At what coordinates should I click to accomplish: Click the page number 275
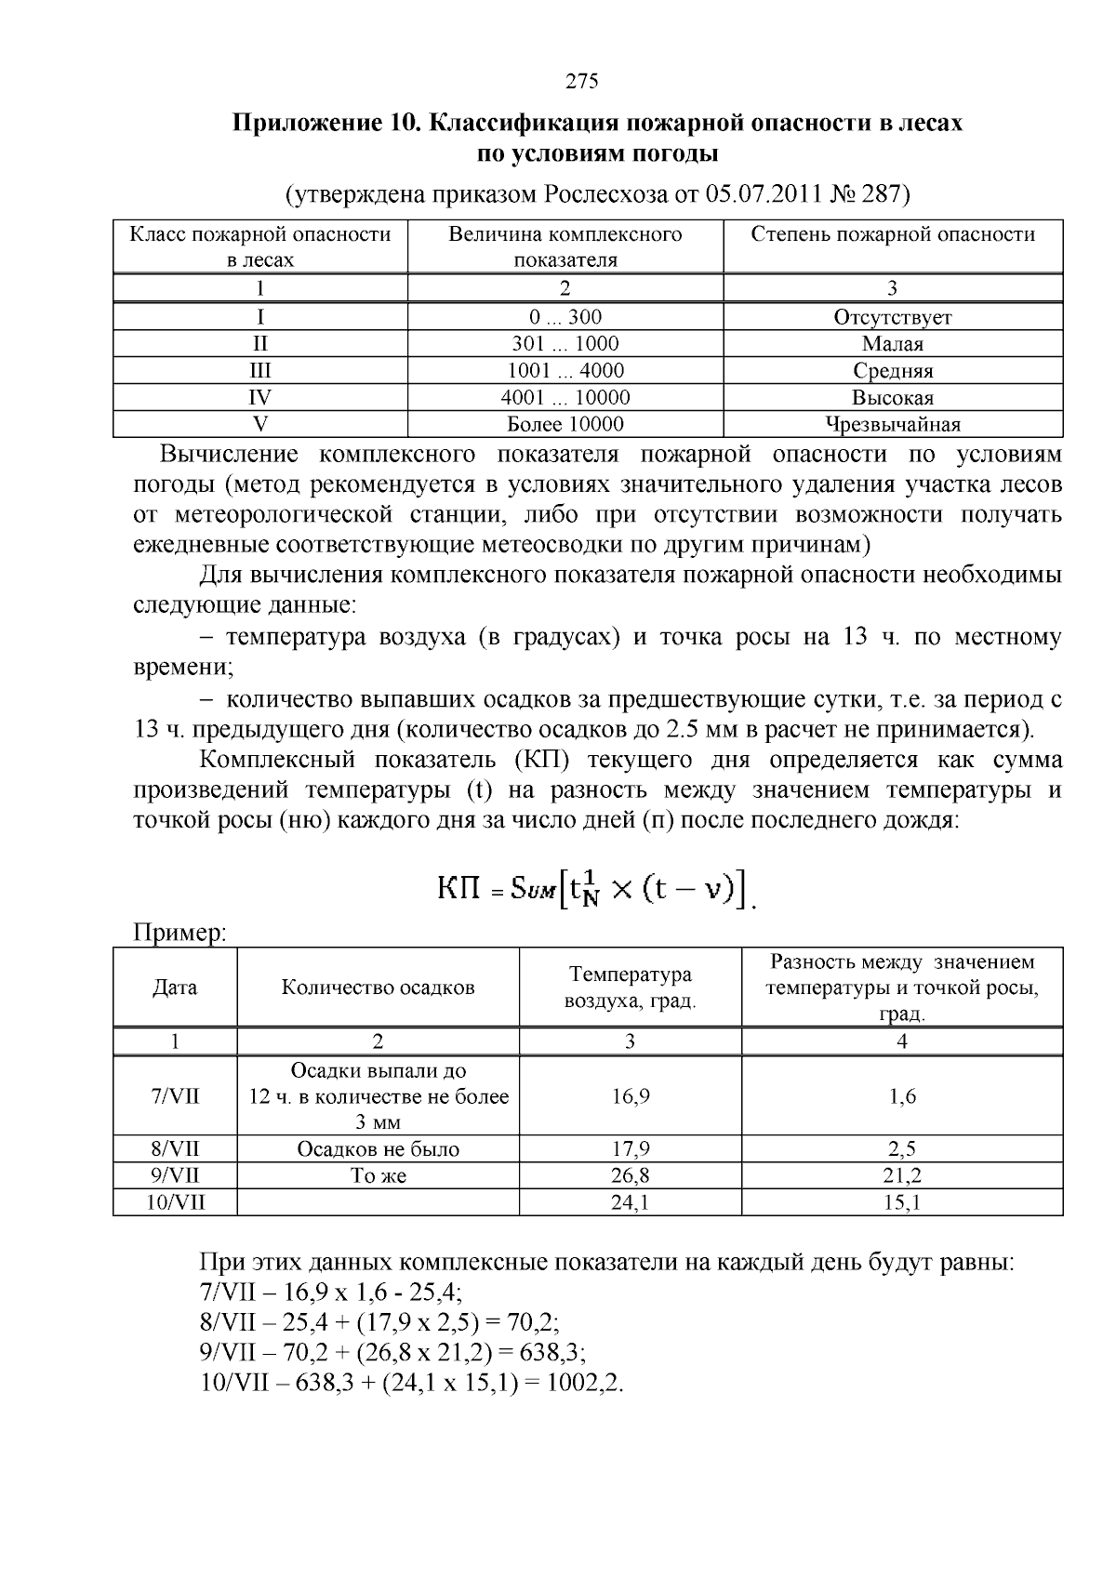pyautogui.click(x=581, y=81)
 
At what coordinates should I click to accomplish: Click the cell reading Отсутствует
pyautogui.click(x=892, y=317)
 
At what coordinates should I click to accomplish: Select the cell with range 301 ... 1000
pyautogui.click(x=565, y=344)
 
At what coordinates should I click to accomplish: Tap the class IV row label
pyautogui.click(x=260, y=398)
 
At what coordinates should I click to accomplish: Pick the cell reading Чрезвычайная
pyautogui.click(x=892, y=425)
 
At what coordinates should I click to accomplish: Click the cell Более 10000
pyautogui.click(x=565, y=425)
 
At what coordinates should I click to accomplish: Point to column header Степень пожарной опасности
pyautogui.click(x=892, y=234)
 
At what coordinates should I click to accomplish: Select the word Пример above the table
pyautogui.click(x=180, y=933)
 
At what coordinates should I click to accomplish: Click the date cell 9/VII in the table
pyautogui.click(x=175, y=1175)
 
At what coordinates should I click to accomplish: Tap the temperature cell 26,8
pyautogui.click(x=630, y=1175)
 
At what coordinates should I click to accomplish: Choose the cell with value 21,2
pyautogui.click(x=901, y=1175)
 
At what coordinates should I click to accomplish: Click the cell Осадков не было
pyautogui.click(x=378, y=1149)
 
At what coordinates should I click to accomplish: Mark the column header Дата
pyautogui.click(x=175, y=988)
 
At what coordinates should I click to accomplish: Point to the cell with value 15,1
pyautogui.click(x=901, y=1202)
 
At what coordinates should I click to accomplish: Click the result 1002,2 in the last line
pyautogui.click(x=583, y=1382)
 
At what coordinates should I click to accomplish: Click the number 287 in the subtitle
pyautogui.click(x=882, y=194)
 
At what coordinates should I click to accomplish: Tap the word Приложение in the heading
pyautogui.click(x=299, y=124)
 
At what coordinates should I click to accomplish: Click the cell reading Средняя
pyautogui.click(x=892, y=371)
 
